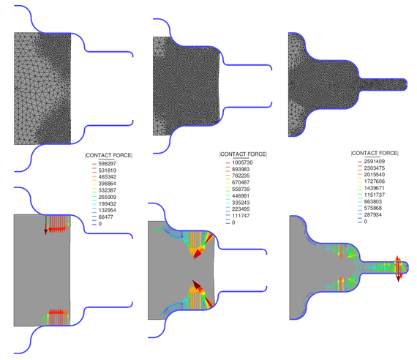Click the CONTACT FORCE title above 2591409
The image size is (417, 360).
click(x=375, y=152)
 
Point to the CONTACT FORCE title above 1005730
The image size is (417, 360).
click(x=243, y=154)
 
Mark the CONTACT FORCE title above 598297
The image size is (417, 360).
click(x=109, y=155)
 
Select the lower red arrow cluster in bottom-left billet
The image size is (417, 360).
click(x=56, y=317)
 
